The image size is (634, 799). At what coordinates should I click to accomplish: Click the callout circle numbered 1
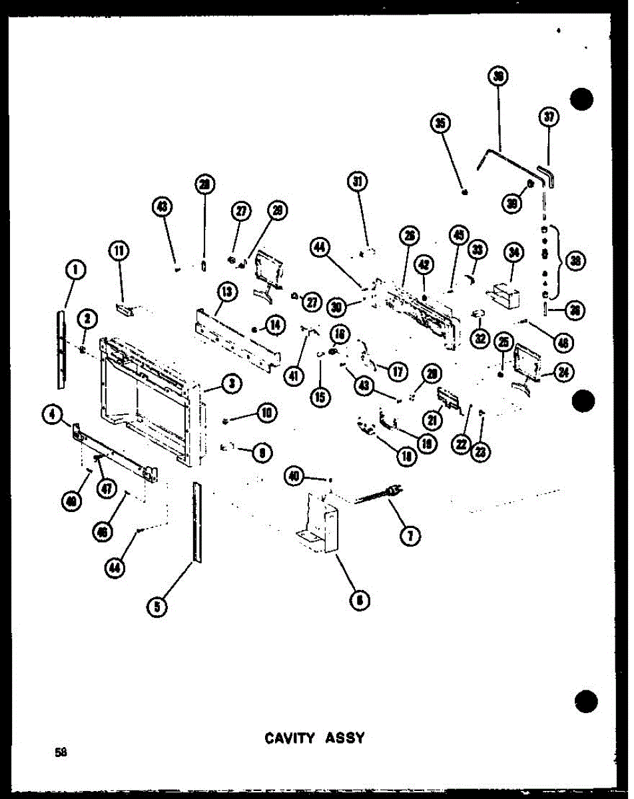[76, 270]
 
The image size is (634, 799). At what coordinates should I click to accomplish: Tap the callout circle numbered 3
[232, 383]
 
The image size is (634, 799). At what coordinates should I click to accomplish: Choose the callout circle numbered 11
[119, 251]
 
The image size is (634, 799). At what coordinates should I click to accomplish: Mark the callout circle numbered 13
[226, 291]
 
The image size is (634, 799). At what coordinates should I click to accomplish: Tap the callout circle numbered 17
[398, 371]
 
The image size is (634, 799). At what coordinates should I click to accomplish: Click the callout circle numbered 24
[563, 373]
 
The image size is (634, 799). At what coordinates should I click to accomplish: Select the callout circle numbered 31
[358, 181]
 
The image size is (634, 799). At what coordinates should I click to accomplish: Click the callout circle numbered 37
[548, 118]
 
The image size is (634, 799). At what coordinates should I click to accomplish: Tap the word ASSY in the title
[344, 738]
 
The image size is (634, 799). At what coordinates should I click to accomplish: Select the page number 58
[61, 752]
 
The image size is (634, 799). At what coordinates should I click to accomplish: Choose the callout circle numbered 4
[51, 414]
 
